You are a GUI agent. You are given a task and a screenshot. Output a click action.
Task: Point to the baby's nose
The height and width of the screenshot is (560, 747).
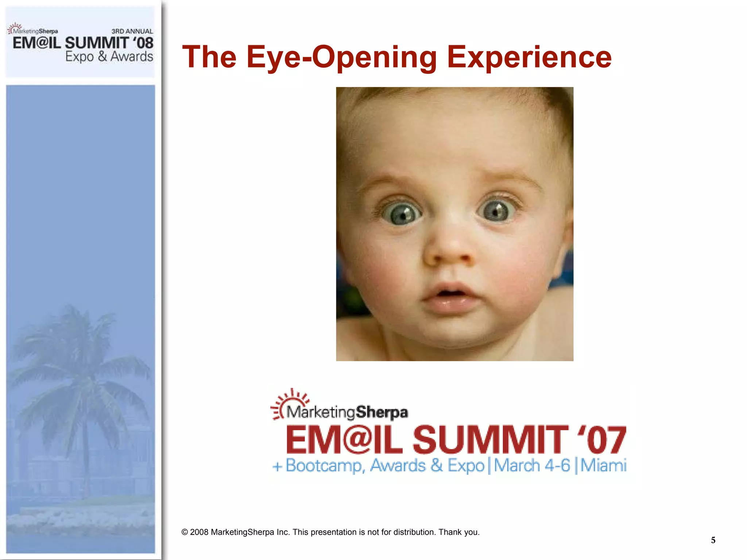click(x=449, y=252)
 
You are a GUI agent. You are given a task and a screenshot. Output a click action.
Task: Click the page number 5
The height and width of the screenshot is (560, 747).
click(x=713, y=540)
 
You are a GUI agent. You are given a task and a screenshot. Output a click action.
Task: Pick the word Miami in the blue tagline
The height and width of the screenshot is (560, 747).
click(x=603, y=466)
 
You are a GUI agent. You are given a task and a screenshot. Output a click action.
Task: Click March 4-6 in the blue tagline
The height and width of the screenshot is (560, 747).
click(x=532, y=466)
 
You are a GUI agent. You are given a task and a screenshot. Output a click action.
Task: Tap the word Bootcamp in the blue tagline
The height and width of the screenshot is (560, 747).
click(x=325, y=466)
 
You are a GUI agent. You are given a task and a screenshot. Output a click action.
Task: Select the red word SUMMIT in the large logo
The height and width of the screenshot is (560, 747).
click(x=491, y=440)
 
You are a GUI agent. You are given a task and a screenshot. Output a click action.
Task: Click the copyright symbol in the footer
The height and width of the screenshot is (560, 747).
click(x=185, y=532)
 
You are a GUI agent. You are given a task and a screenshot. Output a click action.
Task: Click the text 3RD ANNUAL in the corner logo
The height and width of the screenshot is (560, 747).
click(x=132, y=31)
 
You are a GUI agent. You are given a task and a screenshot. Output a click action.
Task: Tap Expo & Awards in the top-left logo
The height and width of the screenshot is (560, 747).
click(x=109, y=57)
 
